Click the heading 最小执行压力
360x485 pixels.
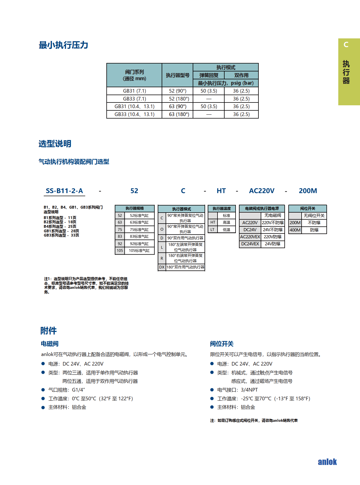pos(63,45)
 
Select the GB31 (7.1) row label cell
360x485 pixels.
pos(134,91)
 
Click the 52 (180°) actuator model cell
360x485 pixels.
pos(177,99)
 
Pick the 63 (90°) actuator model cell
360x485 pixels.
pos(177,106)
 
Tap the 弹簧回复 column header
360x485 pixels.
pos(209,75)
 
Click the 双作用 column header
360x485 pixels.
pos(241,75)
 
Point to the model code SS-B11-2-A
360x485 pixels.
pos(64,191)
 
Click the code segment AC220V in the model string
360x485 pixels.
pos(262,191)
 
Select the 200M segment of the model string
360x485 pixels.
pos(308,191)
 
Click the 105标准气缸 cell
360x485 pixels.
pos(139,250)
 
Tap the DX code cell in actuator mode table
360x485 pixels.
pos(162,267)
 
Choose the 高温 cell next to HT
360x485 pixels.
pos(226,222)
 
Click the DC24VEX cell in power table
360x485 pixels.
pos(250,244)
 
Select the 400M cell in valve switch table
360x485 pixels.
pos(295,230)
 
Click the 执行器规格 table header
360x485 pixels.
pos(135,208)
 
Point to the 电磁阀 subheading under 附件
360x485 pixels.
pos(50,344)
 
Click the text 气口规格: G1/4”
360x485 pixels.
pos(67,390)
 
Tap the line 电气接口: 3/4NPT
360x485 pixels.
pos(237,390)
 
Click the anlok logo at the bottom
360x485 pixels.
pos(327,462)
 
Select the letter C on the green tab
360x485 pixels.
pos(346,45)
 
